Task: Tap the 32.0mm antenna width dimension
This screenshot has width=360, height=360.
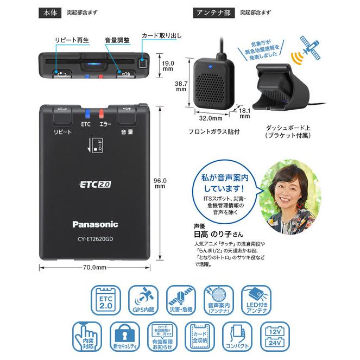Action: click(x=211, y=117)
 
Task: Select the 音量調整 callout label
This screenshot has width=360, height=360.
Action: click(x=117, y=40)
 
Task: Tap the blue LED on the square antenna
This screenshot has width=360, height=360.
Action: click(x=210, y=68)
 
